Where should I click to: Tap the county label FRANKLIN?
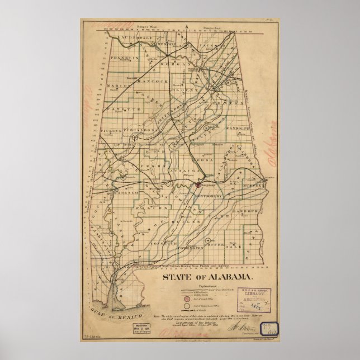click(123, 58)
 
